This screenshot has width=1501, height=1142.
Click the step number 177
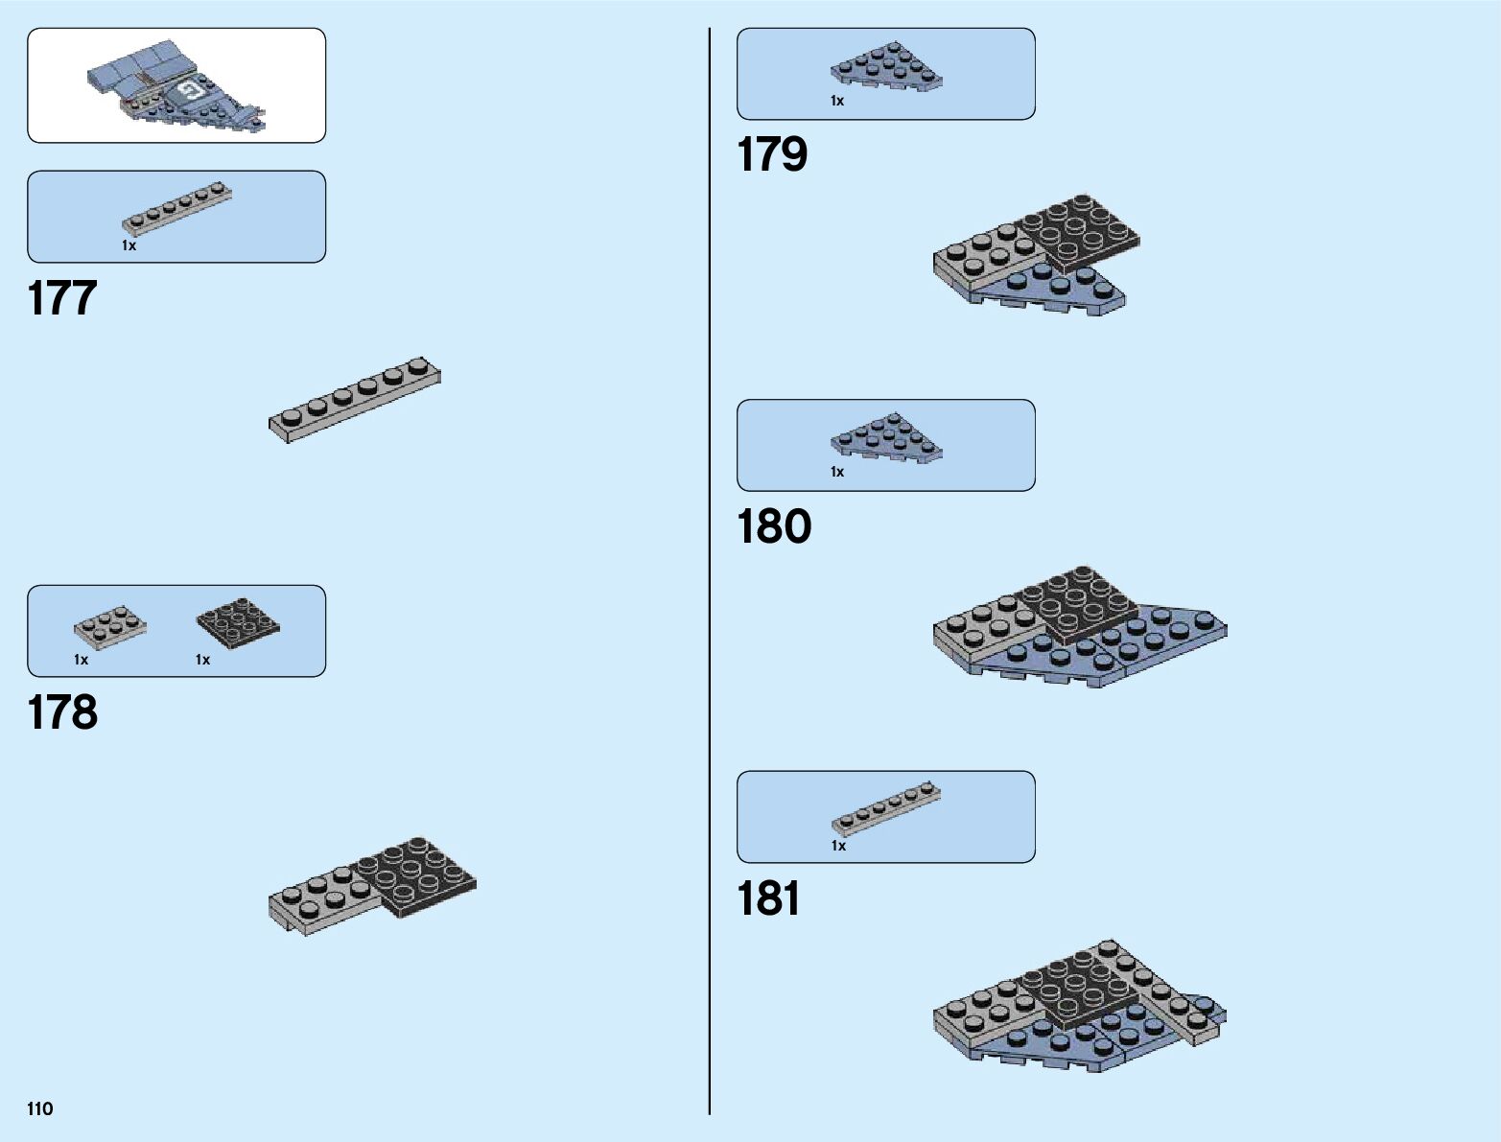point(62,298)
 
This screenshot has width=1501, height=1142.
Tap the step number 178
point(62,713)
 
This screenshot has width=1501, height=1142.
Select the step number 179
point(772,155)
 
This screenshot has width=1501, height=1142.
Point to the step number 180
point(774,527)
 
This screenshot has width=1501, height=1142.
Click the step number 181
point(768,899)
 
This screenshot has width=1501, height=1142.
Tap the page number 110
point(40,1109)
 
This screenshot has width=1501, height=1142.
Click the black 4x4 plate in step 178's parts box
point(239,624)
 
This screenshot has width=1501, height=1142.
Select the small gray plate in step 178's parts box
point(110,626)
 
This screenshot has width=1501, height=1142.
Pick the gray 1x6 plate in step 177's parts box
point(177,208)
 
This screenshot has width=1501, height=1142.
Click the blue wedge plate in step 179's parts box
point(885,68)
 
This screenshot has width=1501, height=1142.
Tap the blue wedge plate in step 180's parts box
point(885,439)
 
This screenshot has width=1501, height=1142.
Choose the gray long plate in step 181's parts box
point(885,809)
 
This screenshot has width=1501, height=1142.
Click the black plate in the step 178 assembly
point(416,874)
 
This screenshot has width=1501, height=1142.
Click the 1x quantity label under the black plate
point(202,660)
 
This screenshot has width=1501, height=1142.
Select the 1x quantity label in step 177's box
point(129,245)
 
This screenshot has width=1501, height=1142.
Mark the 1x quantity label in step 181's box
point(838,846)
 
